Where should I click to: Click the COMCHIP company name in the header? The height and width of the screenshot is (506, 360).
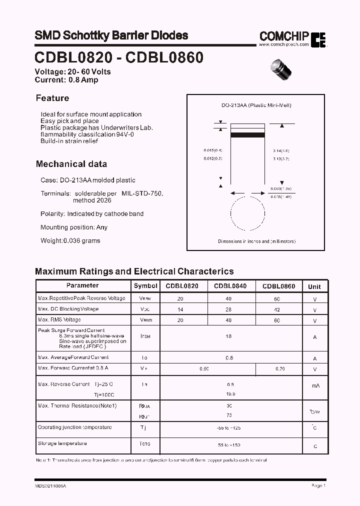tap(284, 36)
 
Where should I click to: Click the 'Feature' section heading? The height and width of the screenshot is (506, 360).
tap(52, 98)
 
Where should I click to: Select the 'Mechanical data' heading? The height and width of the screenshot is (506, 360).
tap(71, 164)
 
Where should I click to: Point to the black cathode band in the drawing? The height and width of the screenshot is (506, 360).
tap(247, 134)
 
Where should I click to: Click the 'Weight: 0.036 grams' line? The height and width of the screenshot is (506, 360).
tap(70, 240)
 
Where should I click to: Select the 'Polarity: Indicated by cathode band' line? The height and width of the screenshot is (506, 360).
tap(92, 213)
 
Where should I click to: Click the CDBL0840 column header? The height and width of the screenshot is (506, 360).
tap(230, 286)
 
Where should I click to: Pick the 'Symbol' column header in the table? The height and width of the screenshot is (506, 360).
tap(145, 286)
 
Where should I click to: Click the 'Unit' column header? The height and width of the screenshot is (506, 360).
tap(314, 286)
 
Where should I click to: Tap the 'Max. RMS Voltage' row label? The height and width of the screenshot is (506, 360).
tap(59, 319)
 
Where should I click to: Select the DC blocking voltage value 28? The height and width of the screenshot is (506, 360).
tap(229, 309)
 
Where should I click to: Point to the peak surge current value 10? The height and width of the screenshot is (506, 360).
tap(229, 336)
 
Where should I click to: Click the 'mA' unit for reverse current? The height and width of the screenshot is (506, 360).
tap(315, 385)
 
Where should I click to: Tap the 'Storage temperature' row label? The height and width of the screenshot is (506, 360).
tap(62, 443)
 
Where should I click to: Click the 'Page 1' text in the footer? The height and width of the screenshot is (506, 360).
tap(318, 485)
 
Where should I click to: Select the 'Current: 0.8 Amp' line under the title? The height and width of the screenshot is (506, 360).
tap(66, 80)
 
